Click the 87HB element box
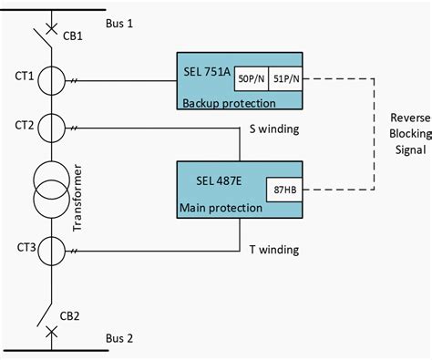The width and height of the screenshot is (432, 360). tap(283, 191)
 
